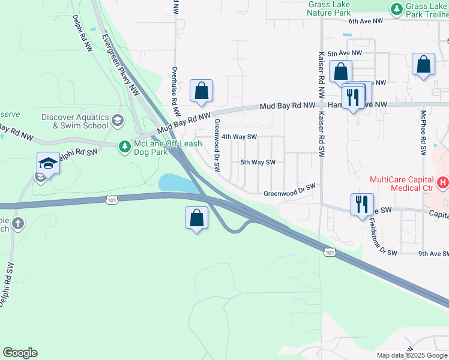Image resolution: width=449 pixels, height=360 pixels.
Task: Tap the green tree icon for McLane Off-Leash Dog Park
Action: click(124, 146)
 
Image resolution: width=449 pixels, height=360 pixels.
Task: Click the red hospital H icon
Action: click(443, 181)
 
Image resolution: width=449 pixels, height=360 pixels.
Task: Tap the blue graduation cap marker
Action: click(48, 163)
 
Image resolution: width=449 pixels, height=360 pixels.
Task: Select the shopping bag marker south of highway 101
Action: click(197, 218)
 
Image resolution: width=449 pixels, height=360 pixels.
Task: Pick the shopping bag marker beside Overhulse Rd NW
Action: click(202, 91)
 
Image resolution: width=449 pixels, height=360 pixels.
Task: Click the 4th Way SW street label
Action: click(240, 137)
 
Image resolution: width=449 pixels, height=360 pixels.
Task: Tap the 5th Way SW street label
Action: click(258, 162)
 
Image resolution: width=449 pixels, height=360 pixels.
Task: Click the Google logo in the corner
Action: click(20, 353)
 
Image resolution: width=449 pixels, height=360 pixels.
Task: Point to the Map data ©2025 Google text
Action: click(412, 355)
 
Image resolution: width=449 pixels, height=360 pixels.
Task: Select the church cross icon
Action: click(18, 224)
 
